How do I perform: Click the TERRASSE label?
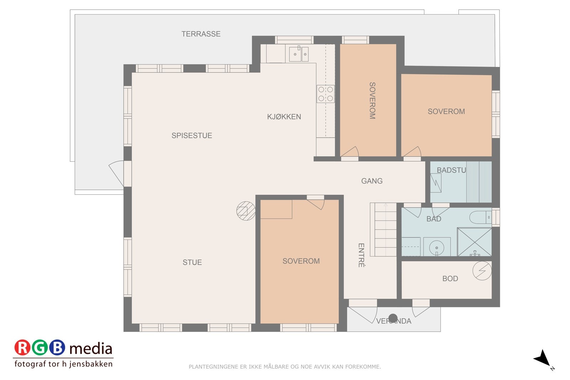tap(201, 34)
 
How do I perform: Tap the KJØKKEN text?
tap(284, 116)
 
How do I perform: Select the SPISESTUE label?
tap(192, 135)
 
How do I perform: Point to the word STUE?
tap(192, 262)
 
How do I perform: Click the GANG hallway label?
tap(372, 181)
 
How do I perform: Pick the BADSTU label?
tap(451, 170)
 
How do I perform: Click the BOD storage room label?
tap(450, 279)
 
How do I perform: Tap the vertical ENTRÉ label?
tap(361, 255)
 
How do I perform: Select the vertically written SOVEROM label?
tap(372, 100)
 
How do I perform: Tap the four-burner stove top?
tap(326, 94)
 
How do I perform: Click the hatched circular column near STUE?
tap(246, 211)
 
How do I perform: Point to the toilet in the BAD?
tap(480, 217)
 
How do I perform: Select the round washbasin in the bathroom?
tap(436, 247)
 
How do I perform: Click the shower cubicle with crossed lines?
tap(474, 242)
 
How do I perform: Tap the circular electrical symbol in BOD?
tap(482, 271)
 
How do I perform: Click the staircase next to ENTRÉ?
tap(383, 230)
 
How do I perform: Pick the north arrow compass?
tap(543, 358)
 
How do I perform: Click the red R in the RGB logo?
tap(22, 348)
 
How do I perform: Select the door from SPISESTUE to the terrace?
tap(118, 173)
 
